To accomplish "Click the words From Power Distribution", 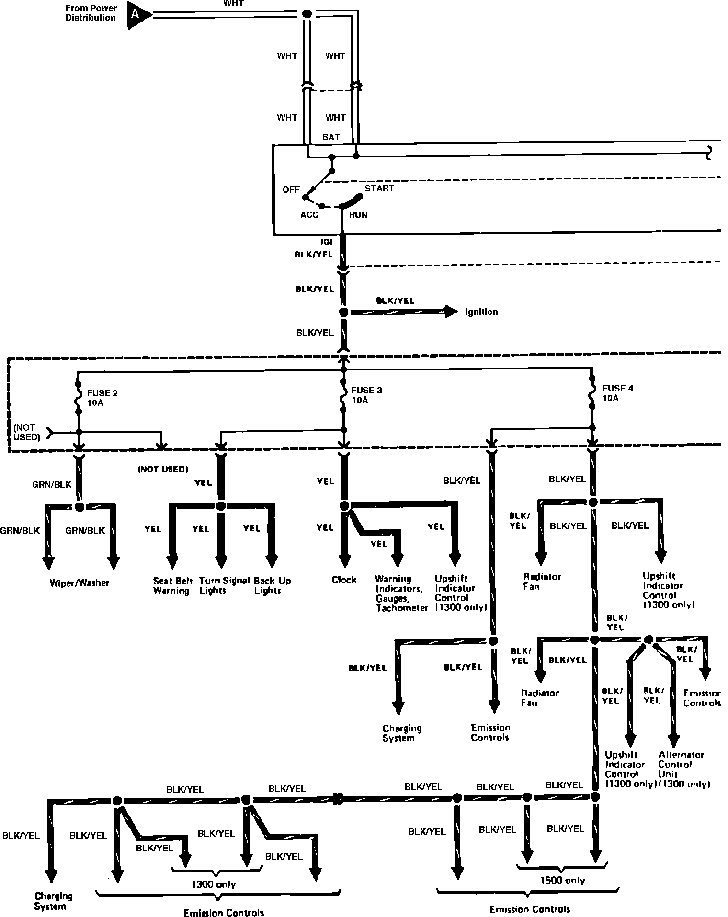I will click(x=91, y=13).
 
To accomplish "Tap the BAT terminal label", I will click(x=331, y=137).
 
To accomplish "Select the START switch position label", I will click(x=379, y=188).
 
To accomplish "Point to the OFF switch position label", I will click(x=291, y=190).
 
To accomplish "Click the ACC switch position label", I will click(x=309, y=215).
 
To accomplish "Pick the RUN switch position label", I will click(x=358, y=215).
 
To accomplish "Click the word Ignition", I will click(x=481, y=312).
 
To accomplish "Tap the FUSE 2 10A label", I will click(x=102, y=398).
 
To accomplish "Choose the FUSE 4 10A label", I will click(x=617, y=393).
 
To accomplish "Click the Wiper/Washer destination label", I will click(x=80, y=583).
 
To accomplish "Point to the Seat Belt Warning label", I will click(x=172, y=586).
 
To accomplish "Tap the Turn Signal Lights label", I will click(x=224, y=585).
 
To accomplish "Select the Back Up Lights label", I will click(x=272, y=585).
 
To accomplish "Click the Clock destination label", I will click(x=344, y=580).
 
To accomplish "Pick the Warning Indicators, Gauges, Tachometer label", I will click(x=401, y=593).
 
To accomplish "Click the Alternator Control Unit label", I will click(x=681, y=769).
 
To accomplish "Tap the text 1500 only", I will click(x=563, y=880).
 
